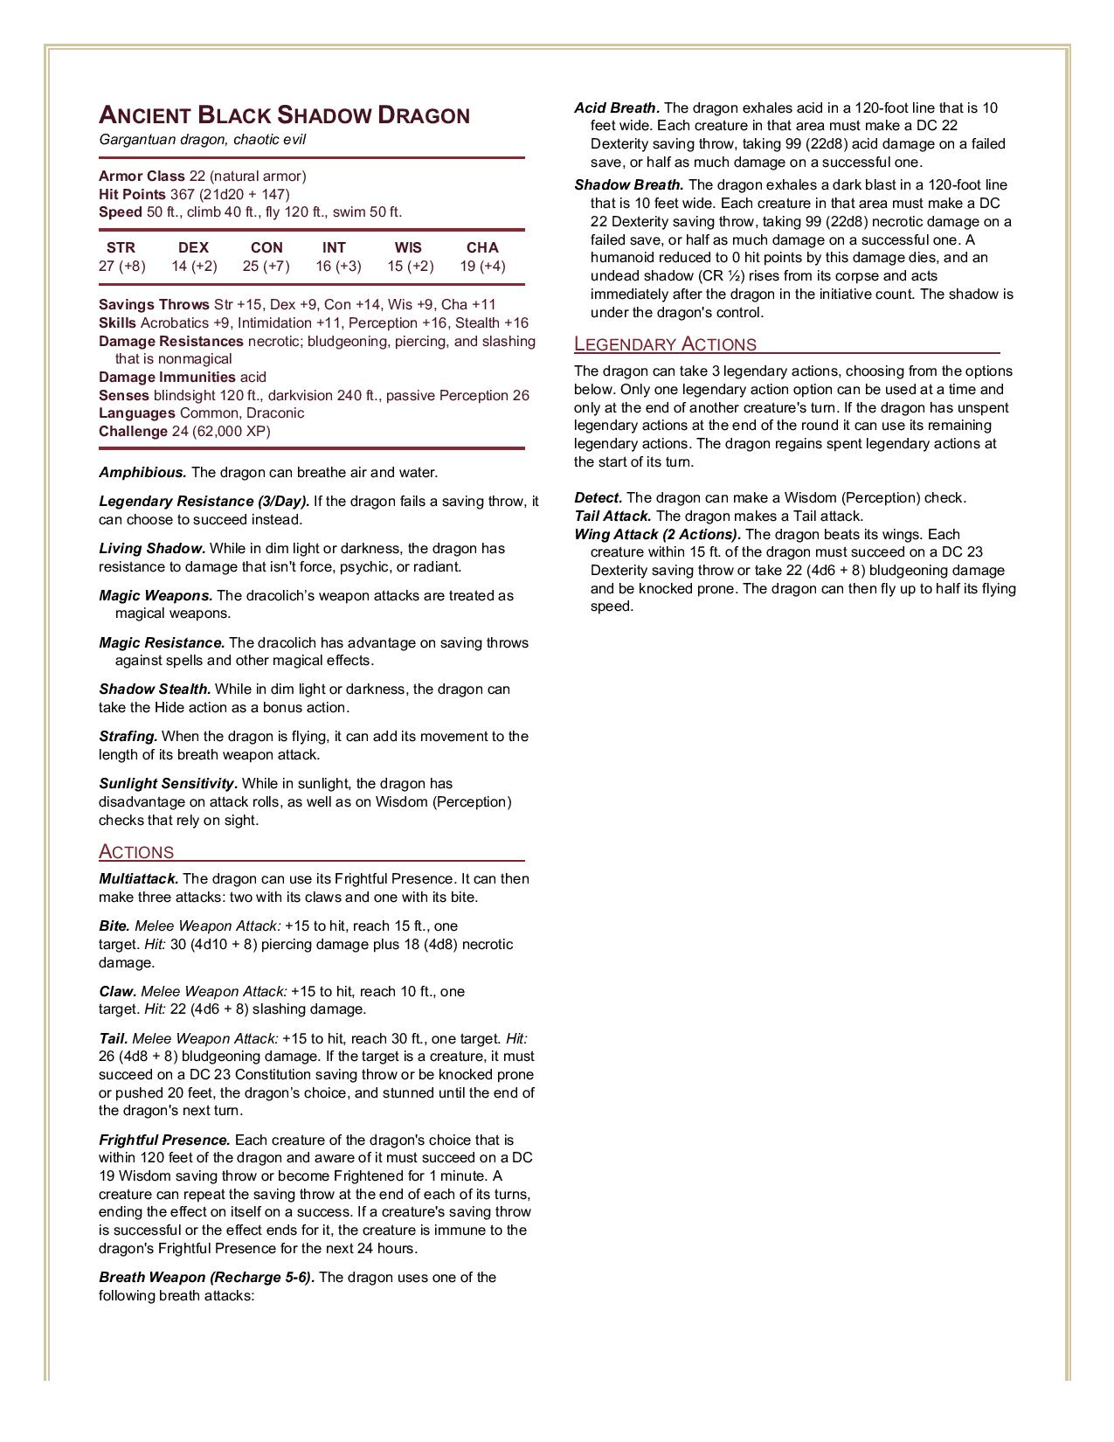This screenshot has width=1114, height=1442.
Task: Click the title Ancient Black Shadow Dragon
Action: click(284, 115)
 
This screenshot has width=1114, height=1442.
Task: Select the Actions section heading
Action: click(136, 852)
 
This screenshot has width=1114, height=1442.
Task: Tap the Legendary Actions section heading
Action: click(665, 343)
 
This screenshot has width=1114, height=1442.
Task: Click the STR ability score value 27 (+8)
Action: click(121, 266)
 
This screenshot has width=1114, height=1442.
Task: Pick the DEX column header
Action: click(193, 247)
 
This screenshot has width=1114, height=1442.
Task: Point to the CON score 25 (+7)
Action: click(266, 266)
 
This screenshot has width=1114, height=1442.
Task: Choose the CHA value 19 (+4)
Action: click(482, 266)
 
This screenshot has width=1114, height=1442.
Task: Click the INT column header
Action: click(334, 247)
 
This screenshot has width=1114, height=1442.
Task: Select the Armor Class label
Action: click(142, 176)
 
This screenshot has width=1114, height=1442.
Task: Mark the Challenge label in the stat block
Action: click(133, 431)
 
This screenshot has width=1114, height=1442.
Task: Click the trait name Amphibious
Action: click(142, 473)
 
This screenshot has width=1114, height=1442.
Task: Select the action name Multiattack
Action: click(138, 879)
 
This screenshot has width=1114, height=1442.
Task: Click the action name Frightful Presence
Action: click(164, 1140)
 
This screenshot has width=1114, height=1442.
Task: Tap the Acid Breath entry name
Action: click(617, 108)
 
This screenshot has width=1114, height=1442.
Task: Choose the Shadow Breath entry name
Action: click(629, 185)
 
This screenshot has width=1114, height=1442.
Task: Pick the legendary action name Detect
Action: click(598, 498)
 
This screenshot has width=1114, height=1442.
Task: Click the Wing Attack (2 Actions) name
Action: click(657, 534)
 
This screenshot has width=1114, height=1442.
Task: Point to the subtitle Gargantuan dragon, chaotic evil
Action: click(202, 140)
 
